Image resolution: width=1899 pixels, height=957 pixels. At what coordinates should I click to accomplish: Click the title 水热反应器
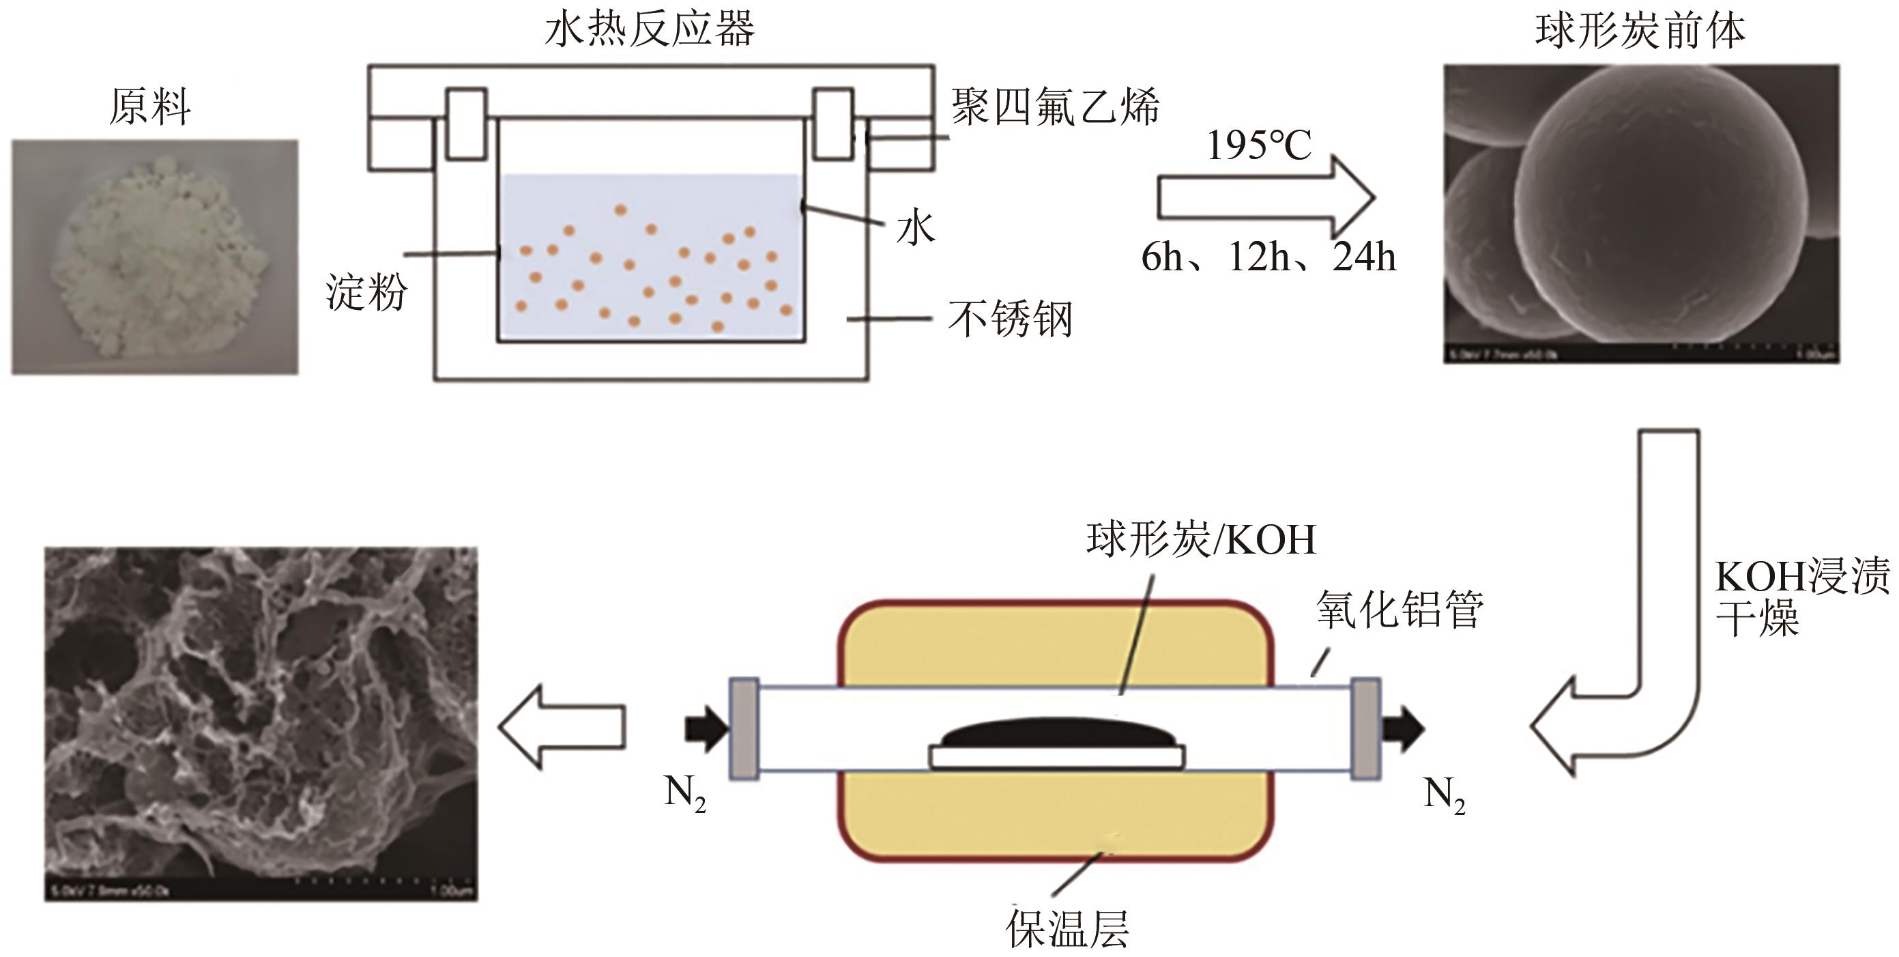coord(650,29)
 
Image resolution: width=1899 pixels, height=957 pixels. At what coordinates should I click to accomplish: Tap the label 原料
coord(150,107)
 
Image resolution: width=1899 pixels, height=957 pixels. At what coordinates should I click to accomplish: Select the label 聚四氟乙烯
coord(1055,107)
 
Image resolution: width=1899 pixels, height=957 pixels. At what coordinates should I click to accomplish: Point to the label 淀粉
coord(366,293)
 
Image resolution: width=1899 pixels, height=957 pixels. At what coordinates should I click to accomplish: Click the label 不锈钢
coord(1010,319)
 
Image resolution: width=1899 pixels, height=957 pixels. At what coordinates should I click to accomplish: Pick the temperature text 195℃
coord(1259,145)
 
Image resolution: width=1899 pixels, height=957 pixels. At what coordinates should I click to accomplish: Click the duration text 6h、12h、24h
coord(1269,257)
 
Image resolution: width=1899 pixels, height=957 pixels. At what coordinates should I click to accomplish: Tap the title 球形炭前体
coord(1640,31)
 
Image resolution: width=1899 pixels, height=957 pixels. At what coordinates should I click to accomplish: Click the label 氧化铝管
coord(1400,609)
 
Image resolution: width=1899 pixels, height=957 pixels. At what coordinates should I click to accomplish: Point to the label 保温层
coord(1067,928)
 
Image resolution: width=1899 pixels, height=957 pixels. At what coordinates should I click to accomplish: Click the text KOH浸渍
coord(1802,576)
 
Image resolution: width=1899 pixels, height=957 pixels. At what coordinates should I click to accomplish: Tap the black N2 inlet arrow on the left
coord(706,728)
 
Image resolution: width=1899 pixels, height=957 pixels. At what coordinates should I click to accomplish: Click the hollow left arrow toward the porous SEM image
coord(562,727)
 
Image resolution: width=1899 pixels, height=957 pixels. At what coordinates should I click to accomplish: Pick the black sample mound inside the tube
coord(1056,734)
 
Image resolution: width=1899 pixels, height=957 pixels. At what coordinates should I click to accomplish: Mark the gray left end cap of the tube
coord(744,728)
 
